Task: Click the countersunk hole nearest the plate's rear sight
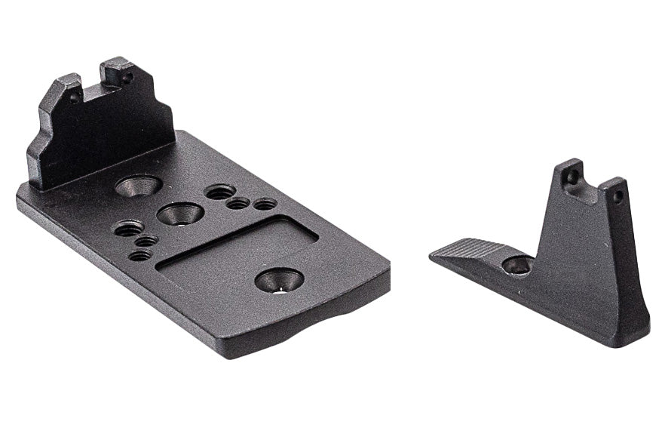click(x=139, y=184)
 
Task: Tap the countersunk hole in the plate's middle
click(x=179, y=214)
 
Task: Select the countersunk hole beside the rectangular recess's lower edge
click(x=279, y=280)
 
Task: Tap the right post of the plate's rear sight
click(x=121, y=72)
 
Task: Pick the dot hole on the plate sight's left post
click(x=74, y=97)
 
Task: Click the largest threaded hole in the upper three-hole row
click(x=219, y=192)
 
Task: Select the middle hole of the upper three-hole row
click(x=238, y=202)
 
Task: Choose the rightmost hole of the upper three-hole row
click(x=264, y=204)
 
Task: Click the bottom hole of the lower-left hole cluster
click(x=139, y=255)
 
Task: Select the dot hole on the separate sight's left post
click(x=572, y=177)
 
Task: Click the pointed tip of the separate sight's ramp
click(x=434, y=257)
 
